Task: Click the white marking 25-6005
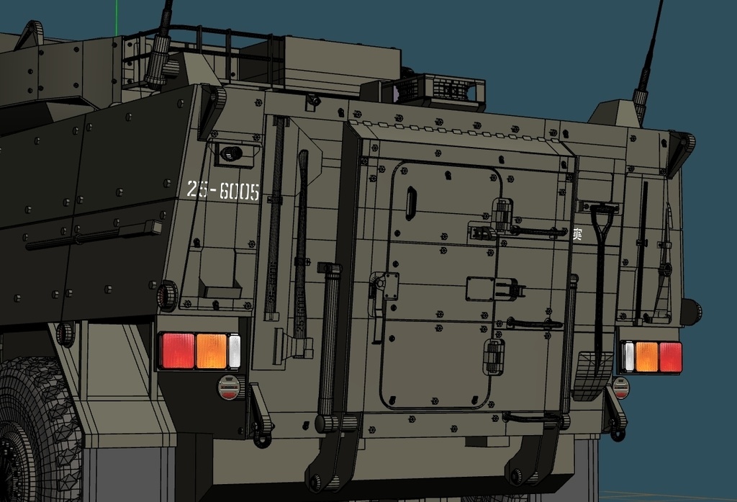[x=222, y=191]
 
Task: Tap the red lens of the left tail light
[x=177, y=351]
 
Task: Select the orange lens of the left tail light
[x=212, y=351]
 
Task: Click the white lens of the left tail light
[x=235, y=351]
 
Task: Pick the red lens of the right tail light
[x=670, y=357]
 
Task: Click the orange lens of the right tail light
[x=646, y=357]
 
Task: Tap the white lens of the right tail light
[x=629, y=357]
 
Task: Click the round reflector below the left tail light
[x=230, y=387]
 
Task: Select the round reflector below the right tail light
[x=620, y=387]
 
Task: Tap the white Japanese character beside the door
[x=577, y=234]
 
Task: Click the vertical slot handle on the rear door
[x=410, y=203]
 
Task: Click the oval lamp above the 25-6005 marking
[x=230, y=153]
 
